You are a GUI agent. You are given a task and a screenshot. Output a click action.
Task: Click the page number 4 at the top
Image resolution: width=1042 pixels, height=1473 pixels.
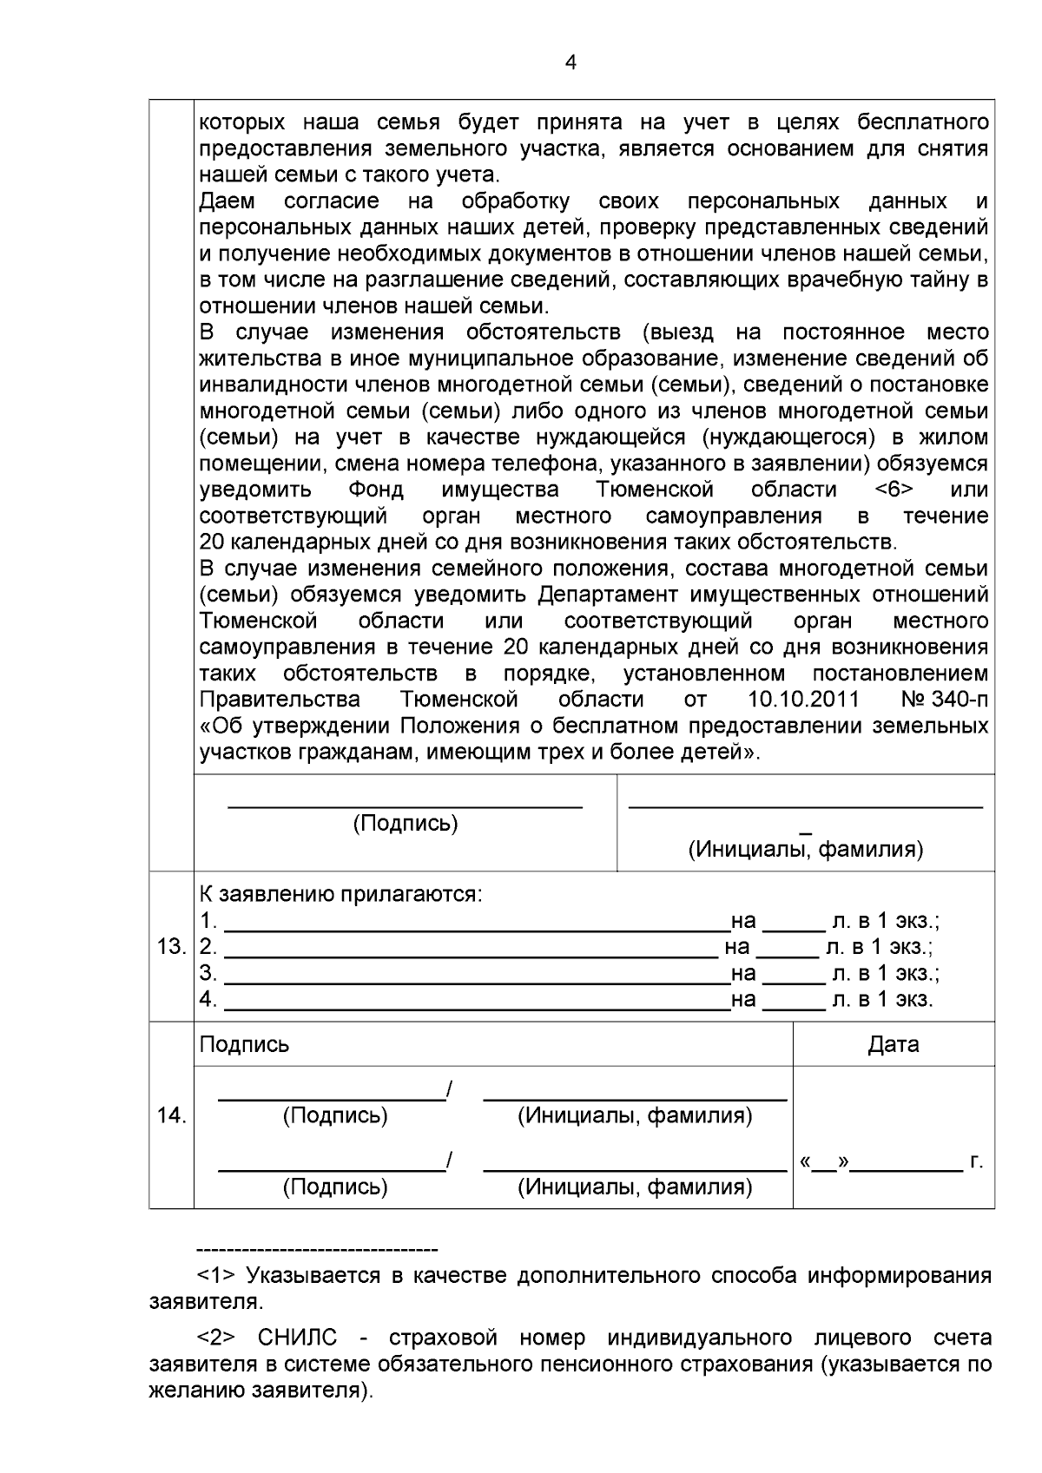coord(570,62)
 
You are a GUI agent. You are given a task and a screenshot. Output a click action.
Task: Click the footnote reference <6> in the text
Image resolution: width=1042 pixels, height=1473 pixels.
coord(894,490)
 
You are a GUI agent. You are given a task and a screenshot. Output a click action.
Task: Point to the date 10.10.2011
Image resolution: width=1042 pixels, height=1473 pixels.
coord(803,700)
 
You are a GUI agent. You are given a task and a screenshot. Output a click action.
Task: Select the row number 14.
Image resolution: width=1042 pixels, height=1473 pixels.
coord(171,1115)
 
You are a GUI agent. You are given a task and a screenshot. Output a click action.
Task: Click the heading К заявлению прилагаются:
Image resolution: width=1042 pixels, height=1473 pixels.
coord(340,894)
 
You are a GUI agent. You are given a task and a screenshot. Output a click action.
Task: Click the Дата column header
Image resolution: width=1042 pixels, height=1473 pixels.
coord(894,1044)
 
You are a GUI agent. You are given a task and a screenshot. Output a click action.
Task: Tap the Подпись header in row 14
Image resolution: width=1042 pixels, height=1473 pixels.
coord(244,1044)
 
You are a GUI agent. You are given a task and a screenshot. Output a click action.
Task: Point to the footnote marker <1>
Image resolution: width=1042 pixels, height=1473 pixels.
coord(216,1276)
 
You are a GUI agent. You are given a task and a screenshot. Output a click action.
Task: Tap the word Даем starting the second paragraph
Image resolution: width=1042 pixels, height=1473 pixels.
coord(227,201)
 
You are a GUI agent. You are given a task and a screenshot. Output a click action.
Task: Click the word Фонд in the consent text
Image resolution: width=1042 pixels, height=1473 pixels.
coord(375,490)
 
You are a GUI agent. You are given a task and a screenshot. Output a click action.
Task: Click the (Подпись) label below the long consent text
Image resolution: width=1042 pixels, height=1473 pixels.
coord(405,823)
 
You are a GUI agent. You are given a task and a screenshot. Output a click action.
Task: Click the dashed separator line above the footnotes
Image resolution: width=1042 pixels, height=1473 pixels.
coord(317,1250)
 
